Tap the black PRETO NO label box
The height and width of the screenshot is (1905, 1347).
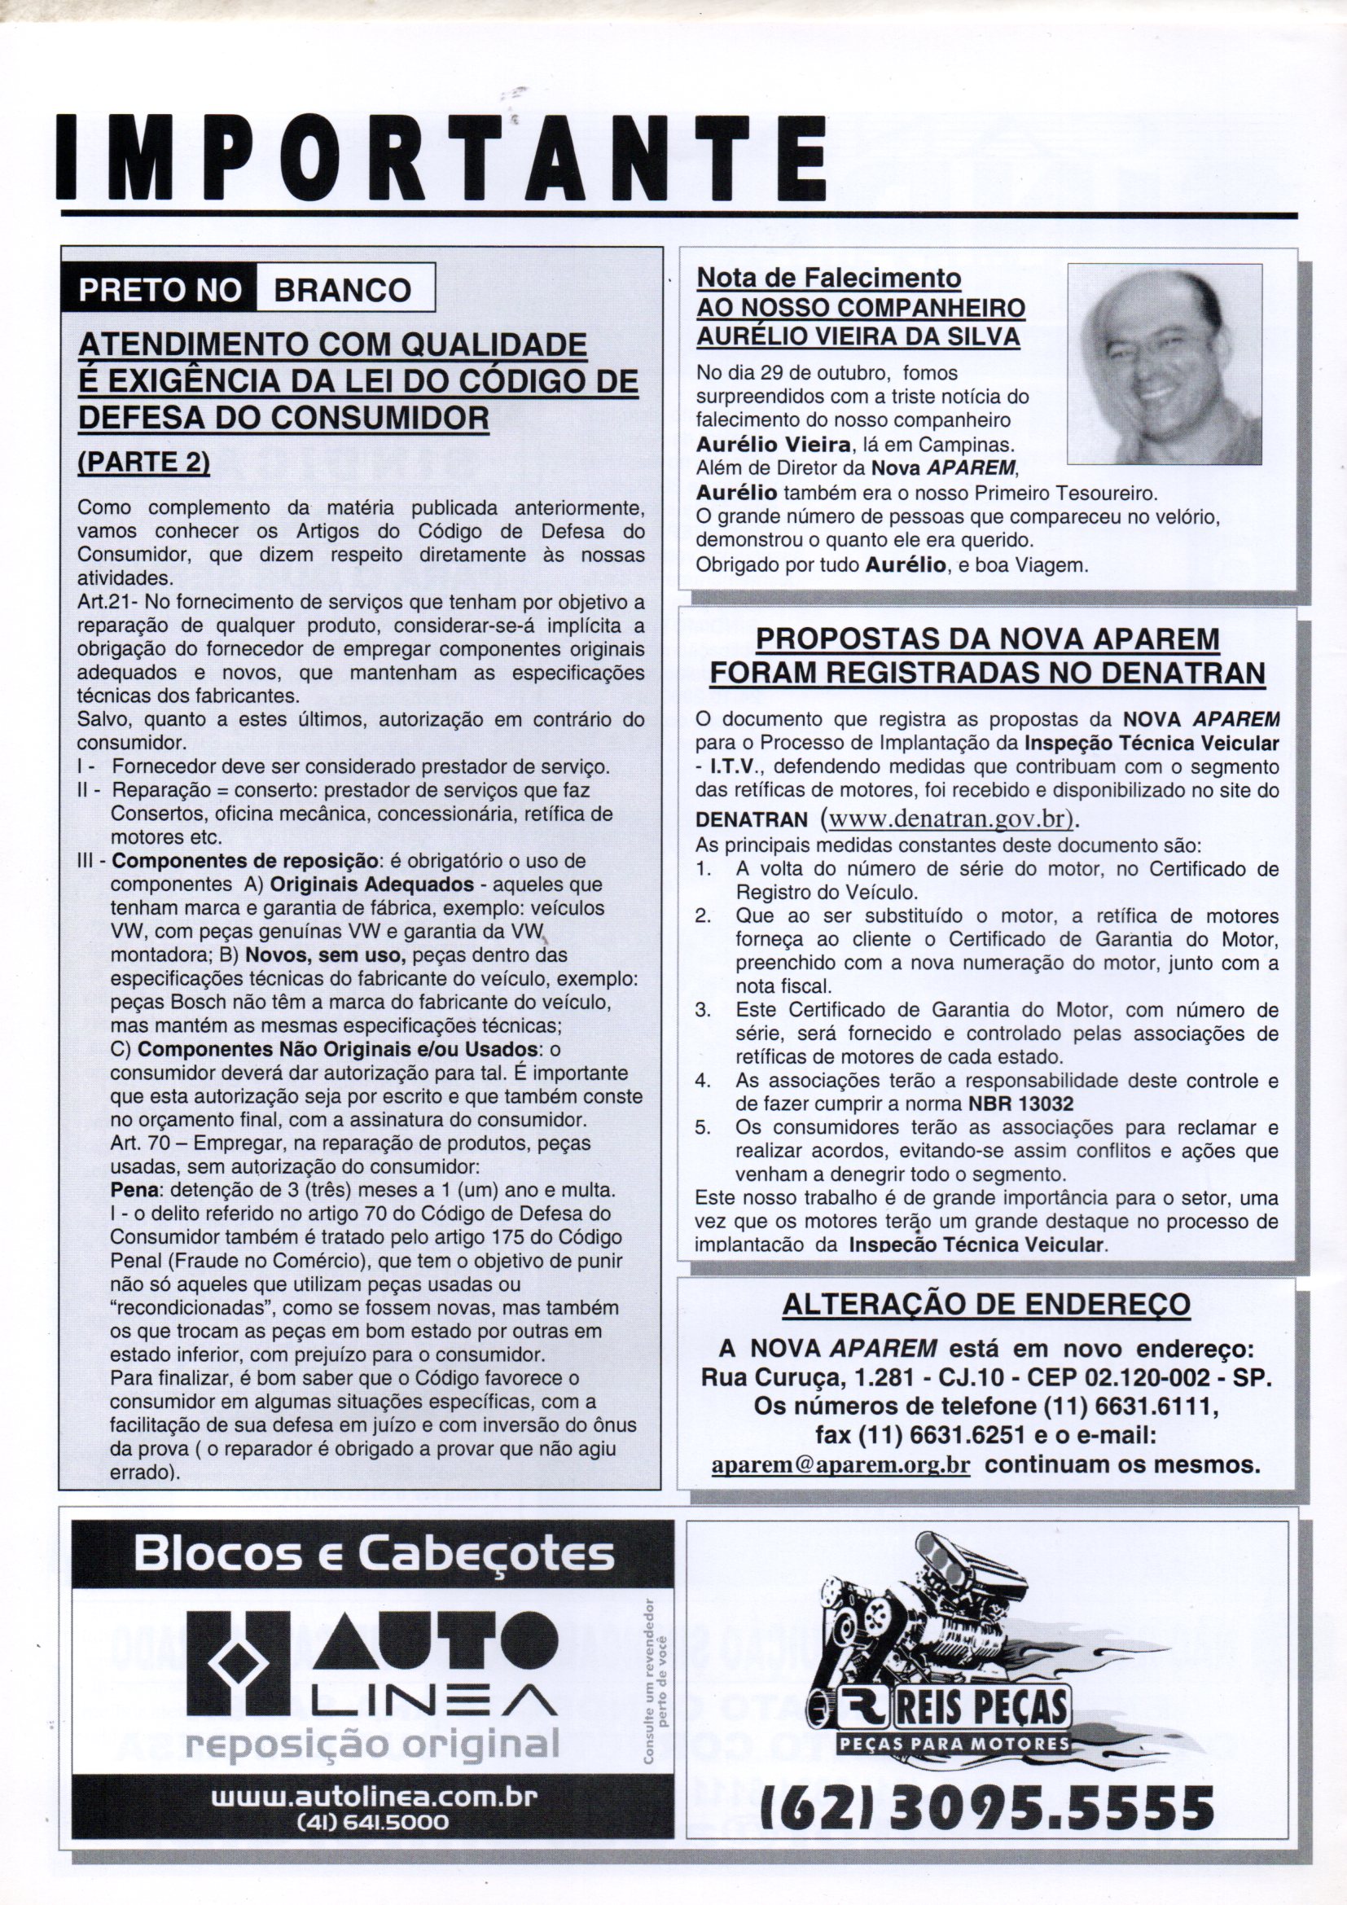tap(159, 290)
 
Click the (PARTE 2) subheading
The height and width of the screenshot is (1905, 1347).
tap(143, 462)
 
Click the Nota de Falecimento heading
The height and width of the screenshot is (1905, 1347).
tap(827, 277)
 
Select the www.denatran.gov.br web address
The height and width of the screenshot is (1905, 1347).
tap(946, 818)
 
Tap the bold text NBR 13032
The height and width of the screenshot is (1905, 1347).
tap(1020, 1104)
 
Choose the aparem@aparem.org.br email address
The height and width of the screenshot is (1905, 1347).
tap(841, 1464)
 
